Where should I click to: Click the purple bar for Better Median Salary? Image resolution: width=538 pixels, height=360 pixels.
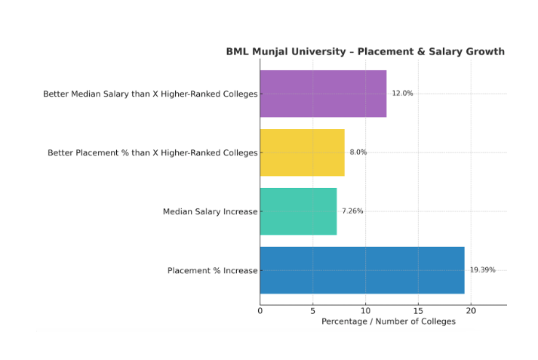click(x=323, y=94)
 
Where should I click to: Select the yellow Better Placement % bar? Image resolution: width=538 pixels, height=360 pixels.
click(x=302, y=152)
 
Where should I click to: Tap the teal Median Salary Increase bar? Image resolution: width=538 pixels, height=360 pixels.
click(x=298, y=211)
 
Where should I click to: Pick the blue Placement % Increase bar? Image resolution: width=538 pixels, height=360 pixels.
click(x=362, y=270)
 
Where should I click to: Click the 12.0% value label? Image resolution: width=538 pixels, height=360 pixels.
click(x=402, y=94)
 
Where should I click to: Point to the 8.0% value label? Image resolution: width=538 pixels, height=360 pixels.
click(x=358, y=152)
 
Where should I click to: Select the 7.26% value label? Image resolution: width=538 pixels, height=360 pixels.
click(x=352, y=211)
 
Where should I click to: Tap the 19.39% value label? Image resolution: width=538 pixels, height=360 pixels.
click(x=482, y=270)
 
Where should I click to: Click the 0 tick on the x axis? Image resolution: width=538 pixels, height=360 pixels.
click(x=260, y=310)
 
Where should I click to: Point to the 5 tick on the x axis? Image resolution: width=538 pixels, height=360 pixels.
click(x=313, y=310)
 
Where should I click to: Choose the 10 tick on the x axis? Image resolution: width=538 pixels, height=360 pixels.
click(x=365, y=310)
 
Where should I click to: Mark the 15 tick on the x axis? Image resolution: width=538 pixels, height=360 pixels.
click(x=418, y=310)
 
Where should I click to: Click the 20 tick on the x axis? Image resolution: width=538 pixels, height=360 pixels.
click(x=471, y=310)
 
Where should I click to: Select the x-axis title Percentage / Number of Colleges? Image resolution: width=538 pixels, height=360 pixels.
click(x=389, y=322)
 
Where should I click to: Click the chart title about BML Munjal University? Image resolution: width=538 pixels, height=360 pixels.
click(x=365, y=52)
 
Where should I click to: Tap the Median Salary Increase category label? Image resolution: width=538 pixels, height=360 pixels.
click(x=210, y=211)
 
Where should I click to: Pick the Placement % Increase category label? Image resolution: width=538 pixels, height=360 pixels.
click(x=212, y=270)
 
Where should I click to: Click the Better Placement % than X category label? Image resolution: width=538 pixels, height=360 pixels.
click(x=152, y=152)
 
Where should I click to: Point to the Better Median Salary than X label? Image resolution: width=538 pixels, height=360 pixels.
click(x=150, y=94)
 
